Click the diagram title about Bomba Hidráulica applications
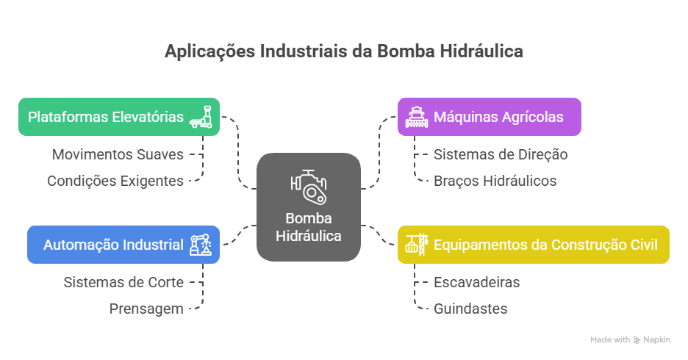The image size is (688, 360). click(x=344, y=51)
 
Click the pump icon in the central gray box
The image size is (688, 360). click(x=309, y=188)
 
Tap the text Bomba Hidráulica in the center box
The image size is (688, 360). click(x=309, y=227)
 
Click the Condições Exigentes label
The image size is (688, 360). click(x=115, y=181)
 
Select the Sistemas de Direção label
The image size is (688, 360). click(x=501, y=154)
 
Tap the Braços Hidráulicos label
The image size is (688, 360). click(x=495, y=181)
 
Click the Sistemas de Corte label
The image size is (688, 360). click(x=123, y=282)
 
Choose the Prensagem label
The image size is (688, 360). click(x=146, y=309)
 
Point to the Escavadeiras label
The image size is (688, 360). click(x=476, y=282)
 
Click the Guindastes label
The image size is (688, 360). click(x=470, y=309)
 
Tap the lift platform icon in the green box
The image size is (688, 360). click(x=204, y=117)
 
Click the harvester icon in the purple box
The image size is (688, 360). click(x=415, y=117)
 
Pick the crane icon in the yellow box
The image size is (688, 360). click(x=416, y=245)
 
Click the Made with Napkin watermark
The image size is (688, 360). click(x=631, y=340)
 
